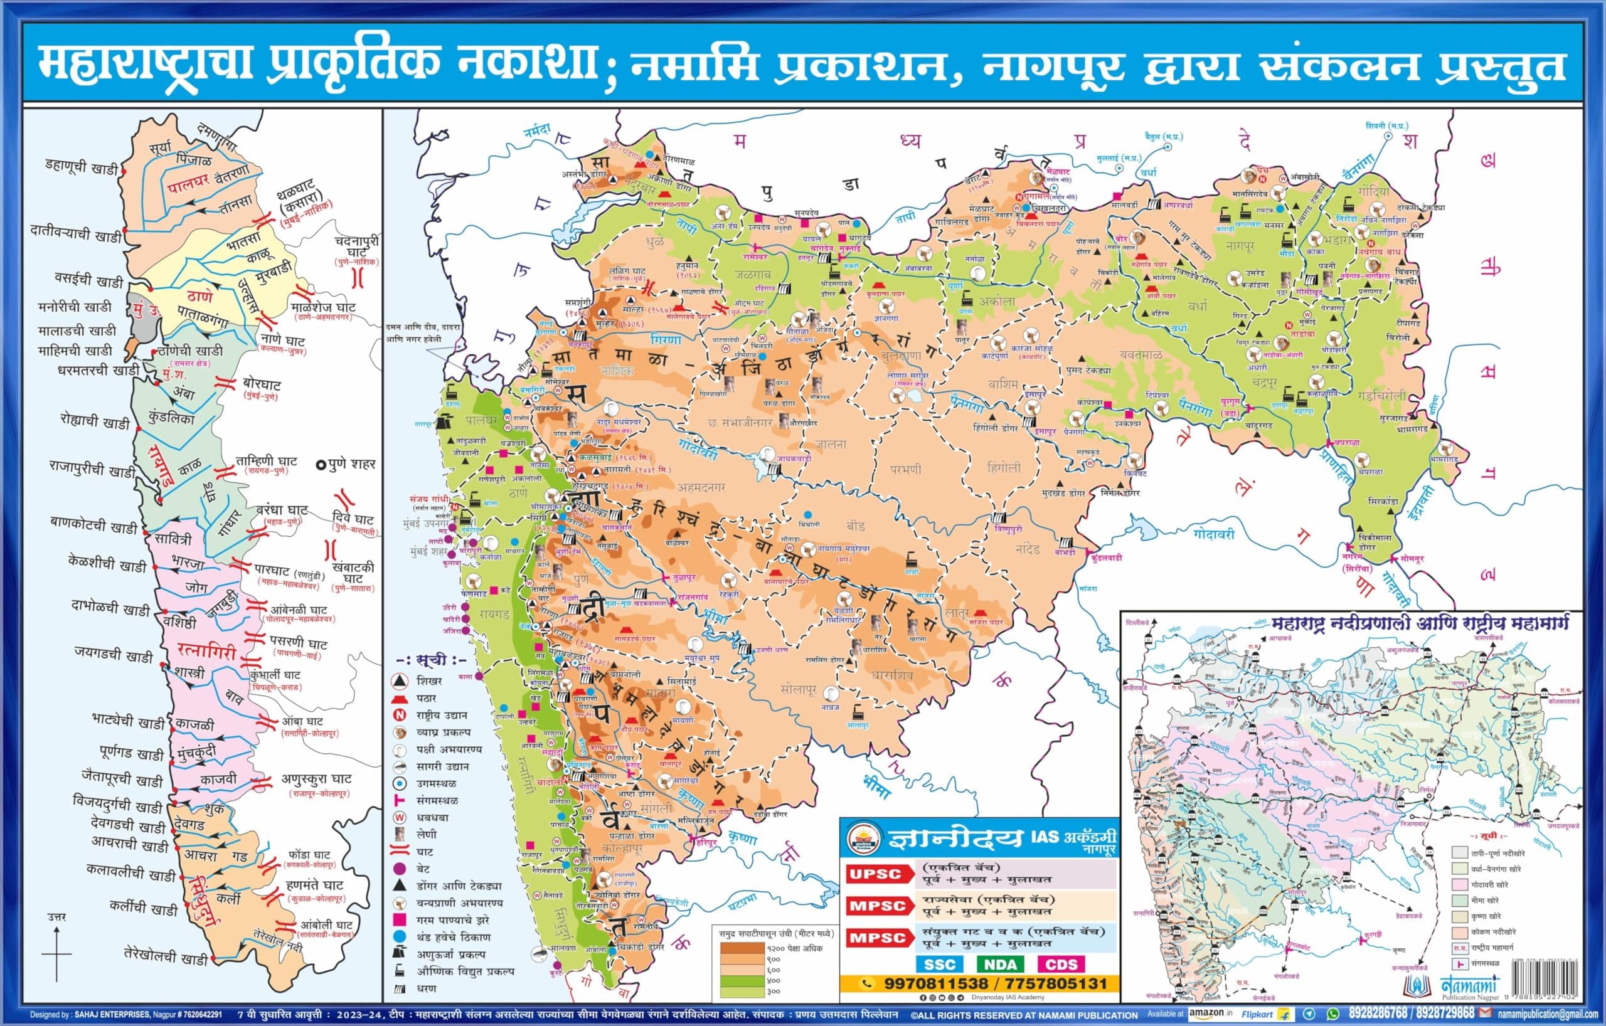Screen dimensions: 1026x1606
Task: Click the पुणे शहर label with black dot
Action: click(346, 464)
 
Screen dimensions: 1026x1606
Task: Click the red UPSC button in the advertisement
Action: click(876, 874)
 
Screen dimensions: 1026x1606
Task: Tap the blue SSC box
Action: click(939, 964)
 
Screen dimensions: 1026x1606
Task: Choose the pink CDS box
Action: click(1060, 964)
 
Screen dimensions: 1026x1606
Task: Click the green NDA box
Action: click(1001, 964)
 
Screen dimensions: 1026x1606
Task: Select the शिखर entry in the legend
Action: click(429, 680)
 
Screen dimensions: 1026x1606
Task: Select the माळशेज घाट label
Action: click(323, 307)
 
